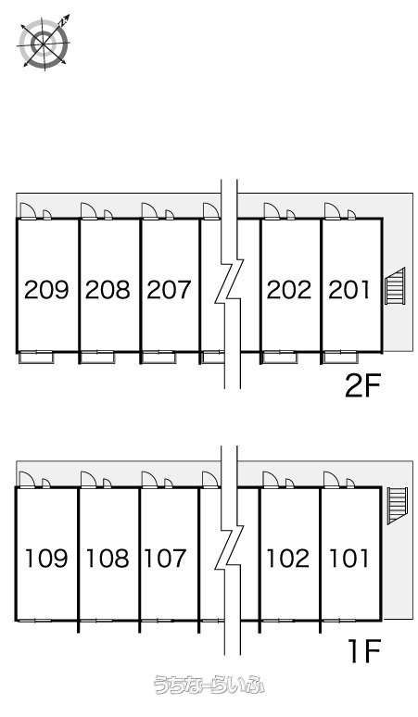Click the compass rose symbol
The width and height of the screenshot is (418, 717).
pos(44,42)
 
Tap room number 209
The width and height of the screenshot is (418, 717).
pos(46,289)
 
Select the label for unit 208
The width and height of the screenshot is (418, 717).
pos(108,289)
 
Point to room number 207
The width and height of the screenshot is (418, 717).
pos(169,289)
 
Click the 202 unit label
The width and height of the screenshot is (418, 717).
pos(289,289)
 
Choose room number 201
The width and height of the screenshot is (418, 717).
pos(348,289)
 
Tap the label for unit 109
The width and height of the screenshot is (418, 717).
pos(46,558)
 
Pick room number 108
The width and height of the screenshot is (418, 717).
pos(108,558)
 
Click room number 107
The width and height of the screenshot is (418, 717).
pos(166,558)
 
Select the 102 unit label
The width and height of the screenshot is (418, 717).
pos(288,558)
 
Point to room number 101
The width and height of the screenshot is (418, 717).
pos(348,558)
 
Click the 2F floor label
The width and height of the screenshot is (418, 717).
pos(362,386)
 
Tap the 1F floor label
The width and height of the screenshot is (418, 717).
pos(364,650)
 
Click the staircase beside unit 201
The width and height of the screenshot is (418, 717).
pos(396,286)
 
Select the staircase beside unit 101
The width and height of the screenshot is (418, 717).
pos(398,506)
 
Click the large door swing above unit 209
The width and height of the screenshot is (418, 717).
pos(28,211)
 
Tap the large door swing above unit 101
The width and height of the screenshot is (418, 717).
pos(332,480)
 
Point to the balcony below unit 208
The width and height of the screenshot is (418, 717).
pos(98,358)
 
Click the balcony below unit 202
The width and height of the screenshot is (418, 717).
pos(279,358)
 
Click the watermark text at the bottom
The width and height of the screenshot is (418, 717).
pos(209,685)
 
